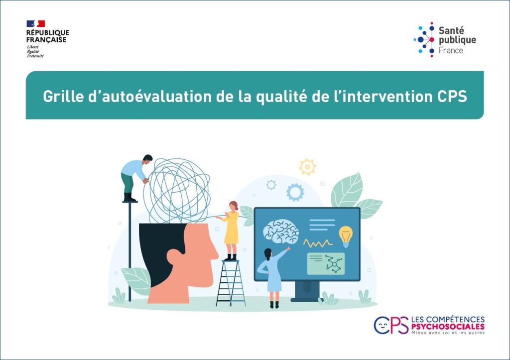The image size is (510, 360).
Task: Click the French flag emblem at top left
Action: pyautogui.click(x=36, y=23)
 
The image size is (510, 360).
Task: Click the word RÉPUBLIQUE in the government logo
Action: pyautogui.click(x=48, y=33)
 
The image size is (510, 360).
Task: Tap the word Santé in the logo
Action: pyautogui.click(x=451, y=30)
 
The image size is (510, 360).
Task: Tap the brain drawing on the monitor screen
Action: pyautogui.click(x=281, y=231)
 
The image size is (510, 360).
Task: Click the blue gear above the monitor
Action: pyautogui.click(x=295, y=192)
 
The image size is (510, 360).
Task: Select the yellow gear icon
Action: pyautogui.click(x=307, y=167)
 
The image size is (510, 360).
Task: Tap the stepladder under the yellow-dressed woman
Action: pyautogui.click(x=231, y=283)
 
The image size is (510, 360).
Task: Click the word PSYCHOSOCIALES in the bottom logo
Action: pyautogui.click(x=448, y=327)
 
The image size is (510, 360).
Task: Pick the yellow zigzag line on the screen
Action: pyautogui.click(x=318, y=243)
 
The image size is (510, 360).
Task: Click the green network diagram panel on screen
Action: pyautogui.click(x=326, y=263)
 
